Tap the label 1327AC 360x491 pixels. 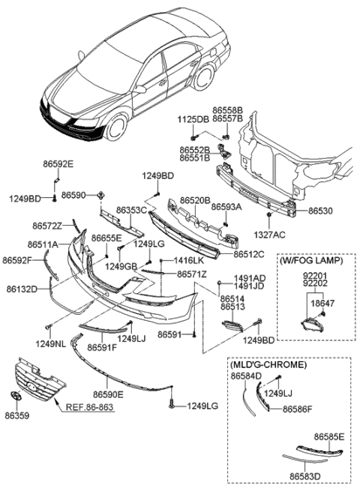pyautogui.click(x=270, y=235)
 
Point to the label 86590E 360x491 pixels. pyautogui.click(x=108, y=392)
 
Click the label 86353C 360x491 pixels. pyautogui.click(x=132, y=211)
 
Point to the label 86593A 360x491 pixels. pyautogui.click(x=226, y=206)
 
